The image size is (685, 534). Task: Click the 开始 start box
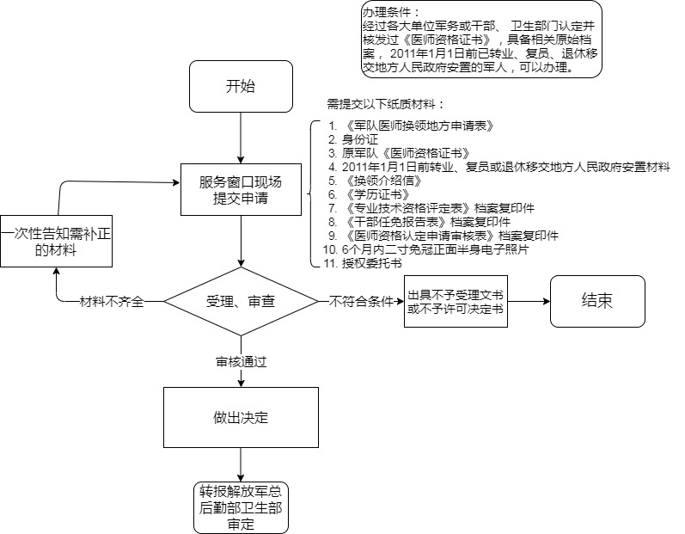[x=241, y=88]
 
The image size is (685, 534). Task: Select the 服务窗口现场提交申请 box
[x=241, y=191]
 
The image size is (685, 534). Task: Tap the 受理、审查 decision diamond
[x=241, y=302]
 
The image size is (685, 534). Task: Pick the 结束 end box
[x=596, y=301]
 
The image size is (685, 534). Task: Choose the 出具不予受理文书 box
[x=456, y=302]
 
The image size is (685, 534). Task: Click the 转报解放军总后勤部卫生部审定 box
[x=241, y=507]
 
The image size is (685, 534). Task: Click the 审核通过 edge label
[x=241, y=362]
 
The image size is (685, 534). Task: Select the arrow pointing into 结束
[x=528, y=302]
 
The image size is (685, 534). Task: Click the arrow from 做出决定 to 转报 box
[x=241, y=465]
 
